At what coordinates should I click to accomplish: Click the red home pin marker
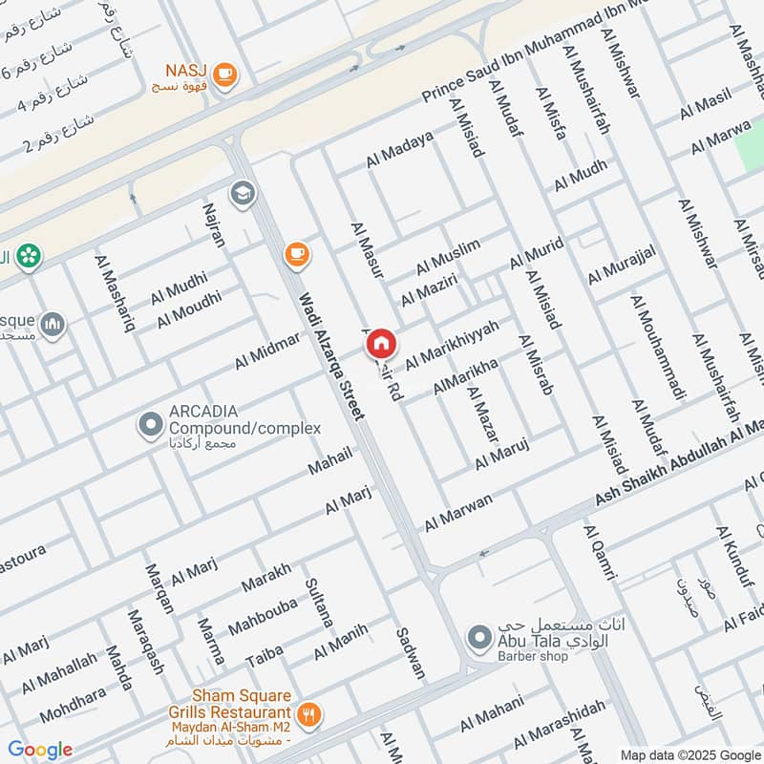[x=380, y=343]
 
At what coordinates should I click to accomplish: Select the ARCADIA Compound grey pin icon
[x=150, y=425]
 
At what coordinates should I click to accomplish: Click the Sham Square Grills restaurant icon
[x=308, y=713]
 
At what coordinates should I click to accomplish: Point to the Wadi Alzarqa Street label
[x=331, y=356]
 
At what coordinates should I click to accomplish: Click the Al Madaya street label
[x=399, y=150]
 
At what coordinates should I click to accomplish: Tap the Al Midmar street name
[x=266, y=353]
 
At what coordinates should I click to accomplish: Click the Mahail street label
[x=329, y=460]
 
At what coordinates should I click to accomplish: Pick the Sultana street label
[x=319, y=603]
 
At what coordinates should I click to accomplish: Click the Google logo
[x=40, y=750]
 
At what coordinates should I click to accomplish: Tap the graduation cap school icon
[x=244, y=193]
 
